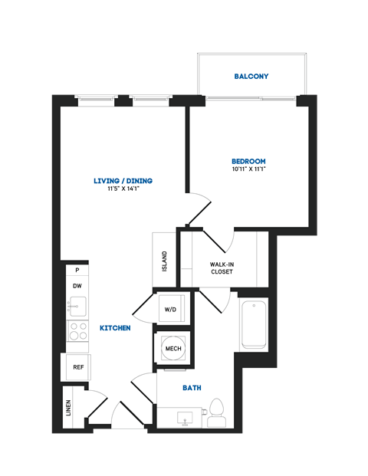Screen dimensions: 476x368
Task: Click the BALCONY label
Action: [251, 77]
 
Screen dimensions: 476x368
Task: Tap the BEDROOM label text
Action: [248, 161]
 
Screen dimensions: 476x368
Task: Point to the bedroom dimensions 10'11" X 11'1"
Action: [248, 170]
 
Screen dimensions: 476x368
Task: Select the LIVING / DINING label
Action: [123, 181]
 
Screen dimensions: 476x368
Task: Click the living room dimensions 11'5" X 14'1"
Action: [123, 190]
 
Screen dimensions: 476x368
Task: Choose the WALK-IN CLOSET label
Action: [222, 268]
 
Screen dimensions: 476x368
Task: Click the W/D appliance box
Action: [169, 308]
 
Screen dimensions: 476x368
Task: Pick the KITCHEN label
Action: [115, 328]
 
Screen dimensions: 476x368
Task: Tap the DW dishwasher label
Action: [77, 286]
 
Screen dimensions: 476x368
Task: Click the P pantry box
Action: [77, 270]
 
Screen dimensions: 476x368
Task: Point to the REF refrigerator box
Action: [77, 367]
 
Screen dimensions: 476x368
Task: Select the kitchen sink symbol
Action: [77, 307]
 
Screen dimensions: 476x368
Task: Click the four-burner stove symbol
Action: [77, 331]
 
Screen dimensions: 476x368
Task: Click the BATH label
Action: [192, 388]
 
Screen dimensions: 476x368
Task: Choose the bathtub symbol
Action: [253, 325]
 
